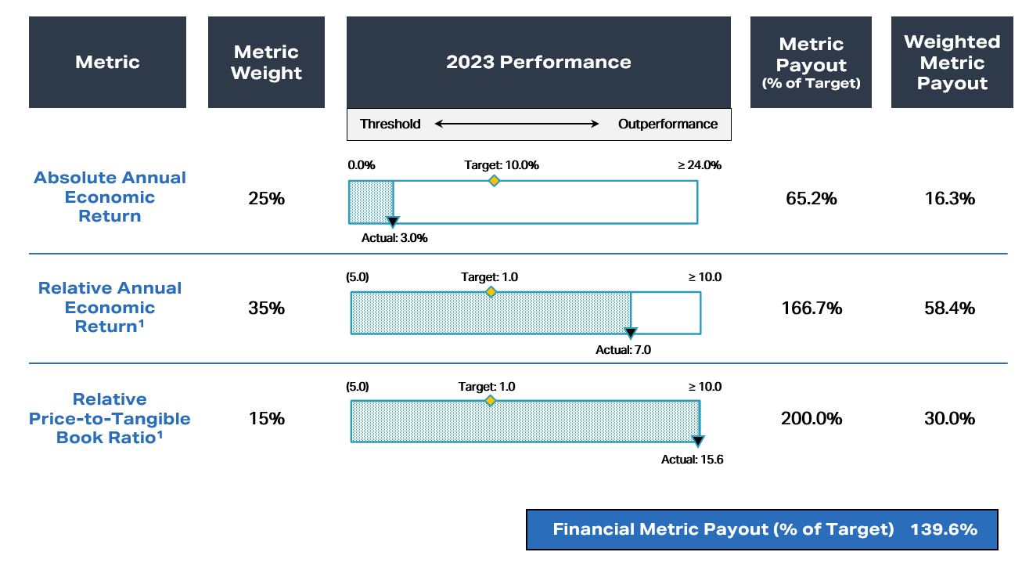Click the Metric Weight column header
[266, 63]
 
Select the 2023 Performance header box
[538, 63]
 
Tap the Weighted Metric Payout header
[952, 63]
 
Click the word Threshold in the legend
[390, 124]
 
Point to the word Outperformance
[668, 124]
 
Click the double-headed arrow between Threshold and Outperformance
[517, 124]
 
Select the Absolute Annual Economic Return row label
[110, 197]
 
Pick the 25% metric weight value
[266, 199]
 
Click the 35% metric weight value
[266, 308]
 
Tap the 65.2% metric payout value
[811, 199]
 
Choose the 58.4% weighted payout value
[949, 308]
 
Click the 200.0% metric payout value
[811, 419]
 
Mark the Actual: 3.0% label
[394, 239]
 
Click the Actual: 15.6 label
[692, 460]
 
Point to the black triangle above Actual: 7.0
[631, 334]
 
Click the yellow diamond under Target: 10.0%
[494, 181]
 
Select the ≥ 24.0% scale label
[699, 165]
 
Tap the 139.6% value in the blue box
[943, 529]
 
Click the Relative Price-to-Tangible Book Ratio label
[110, 419]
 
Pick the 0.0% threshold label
[362, 165]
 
